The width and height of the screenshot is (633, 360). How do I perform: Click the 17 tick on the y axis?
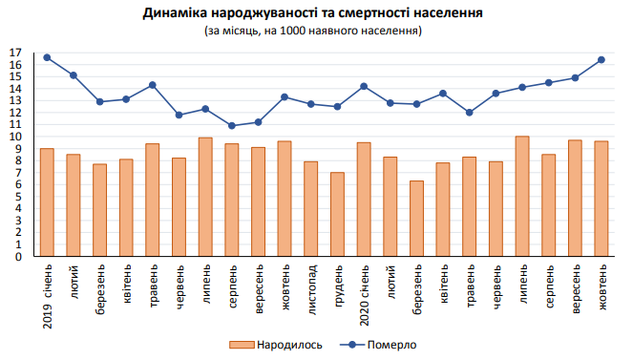tap(14, 53)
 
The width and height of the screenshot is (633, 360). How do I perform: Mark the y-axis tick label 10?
tap(14, 137)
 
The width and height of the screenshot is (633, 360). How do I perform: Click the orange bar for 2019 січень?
tap(47, 202)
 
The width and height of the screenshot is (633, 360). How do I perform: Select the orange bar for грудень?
tap(337, 214)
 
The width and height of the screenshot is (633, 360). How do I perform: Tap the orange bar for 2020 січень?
tap(364, 200)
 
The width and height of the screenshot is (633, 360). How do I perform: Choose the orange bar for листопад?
tap(310, 208)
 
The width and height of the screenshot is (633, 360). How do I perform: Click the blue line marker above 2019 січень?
tap(47, 57)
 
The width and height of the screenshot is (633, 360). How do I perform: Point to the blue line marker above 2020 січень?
tap(364, 86)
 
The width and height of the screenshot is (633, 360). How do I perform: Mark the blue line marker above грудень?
tap(337, 106)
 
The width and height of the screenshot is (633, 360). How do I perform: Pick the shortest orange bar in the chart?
tap(416, 219)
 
